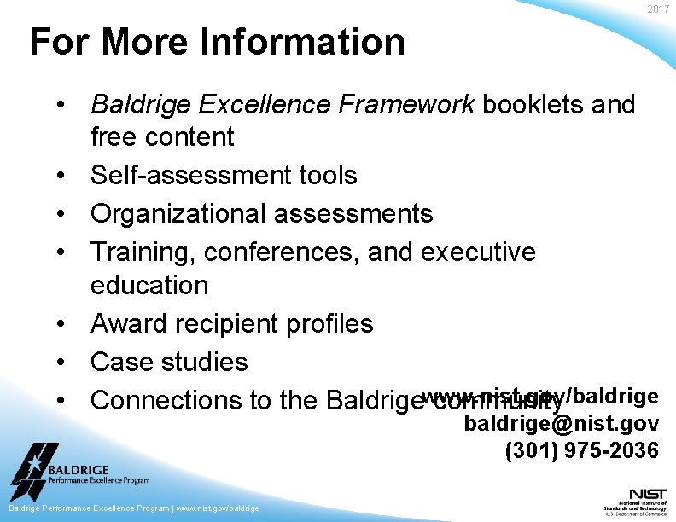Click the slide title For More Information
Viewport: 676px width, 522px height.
(217, 42)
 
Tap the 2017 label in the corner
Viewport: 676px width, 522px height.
(658, 9)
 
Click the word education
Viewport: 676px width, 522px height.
(149, 285)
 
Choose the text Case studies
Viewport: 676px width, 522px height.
(169, 362)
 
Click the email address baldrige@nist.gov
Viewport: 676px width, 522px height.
(561, 423)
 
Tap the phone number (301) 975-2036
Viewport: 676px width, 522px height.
(581, 450)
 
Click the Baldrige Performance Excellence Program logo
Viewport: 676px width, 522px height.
(77, 473)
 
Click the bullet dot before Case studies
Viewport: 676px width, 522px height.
(62, 362)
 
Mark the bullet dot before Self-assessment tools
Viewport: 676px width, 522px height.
(62, 176)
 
